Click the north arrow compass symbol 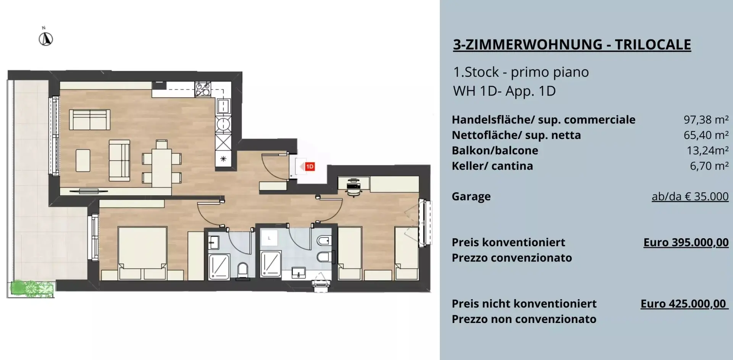46,39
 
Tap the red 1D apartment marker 310,166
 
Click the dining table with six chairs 161,163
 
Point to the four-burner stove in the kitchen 202,89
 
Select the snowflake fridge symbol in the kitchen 223,159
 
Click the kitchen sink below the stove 223,107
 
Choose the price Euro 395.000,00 686,242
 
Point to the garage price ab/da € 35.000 690,196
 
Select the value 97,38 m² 706,120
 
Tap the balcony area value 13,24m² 708,151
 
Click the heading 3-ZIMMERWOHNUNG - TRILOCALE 572,45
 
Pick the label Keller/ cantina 492,166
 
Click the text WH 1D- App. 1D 504,91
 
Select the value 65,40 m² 706,135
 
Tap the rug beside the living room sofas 83,160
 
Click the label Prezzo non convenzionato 524,319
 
